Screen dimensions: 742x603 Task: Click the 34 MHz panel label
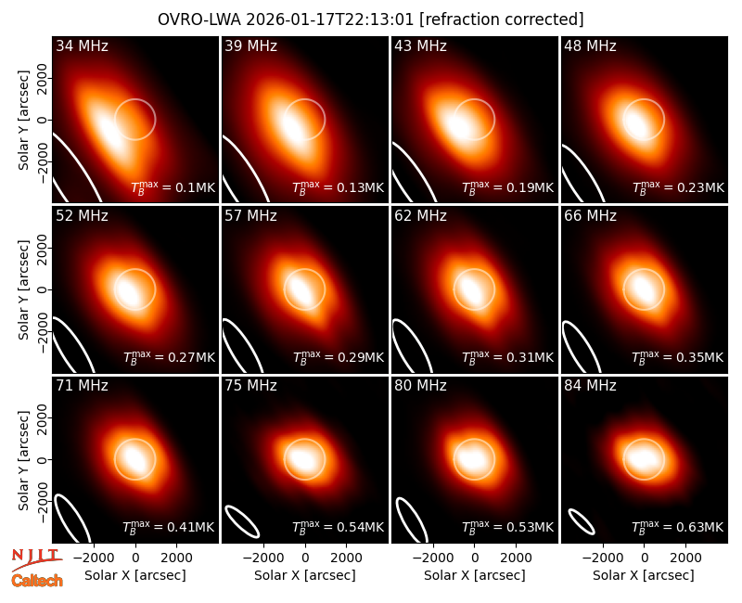[x=82, y=45]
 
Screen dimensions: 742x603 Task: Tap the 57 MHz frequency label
[x=250, y=216]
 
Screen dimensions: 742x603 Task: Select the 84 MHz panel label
[x=590, y=386]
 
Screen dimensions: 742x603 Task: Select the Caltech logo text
[x=37, y=581]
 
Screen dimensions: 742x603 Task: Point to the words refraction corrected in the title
[x=502, y=19]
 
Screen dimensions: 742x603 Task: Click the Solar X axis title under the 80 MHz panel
[x=474, y=575]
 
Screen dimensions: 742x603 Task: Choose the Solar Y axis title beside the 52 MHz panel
[x=23, y=289]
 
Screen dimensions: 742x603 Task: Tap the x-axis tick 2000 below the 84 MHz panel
[x=685, y=558]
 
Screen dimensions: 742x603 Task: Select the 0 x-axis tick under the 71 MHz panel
[x=135, y=558]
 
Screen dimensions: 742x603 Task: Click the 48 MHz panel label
[x=590, y=45]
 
